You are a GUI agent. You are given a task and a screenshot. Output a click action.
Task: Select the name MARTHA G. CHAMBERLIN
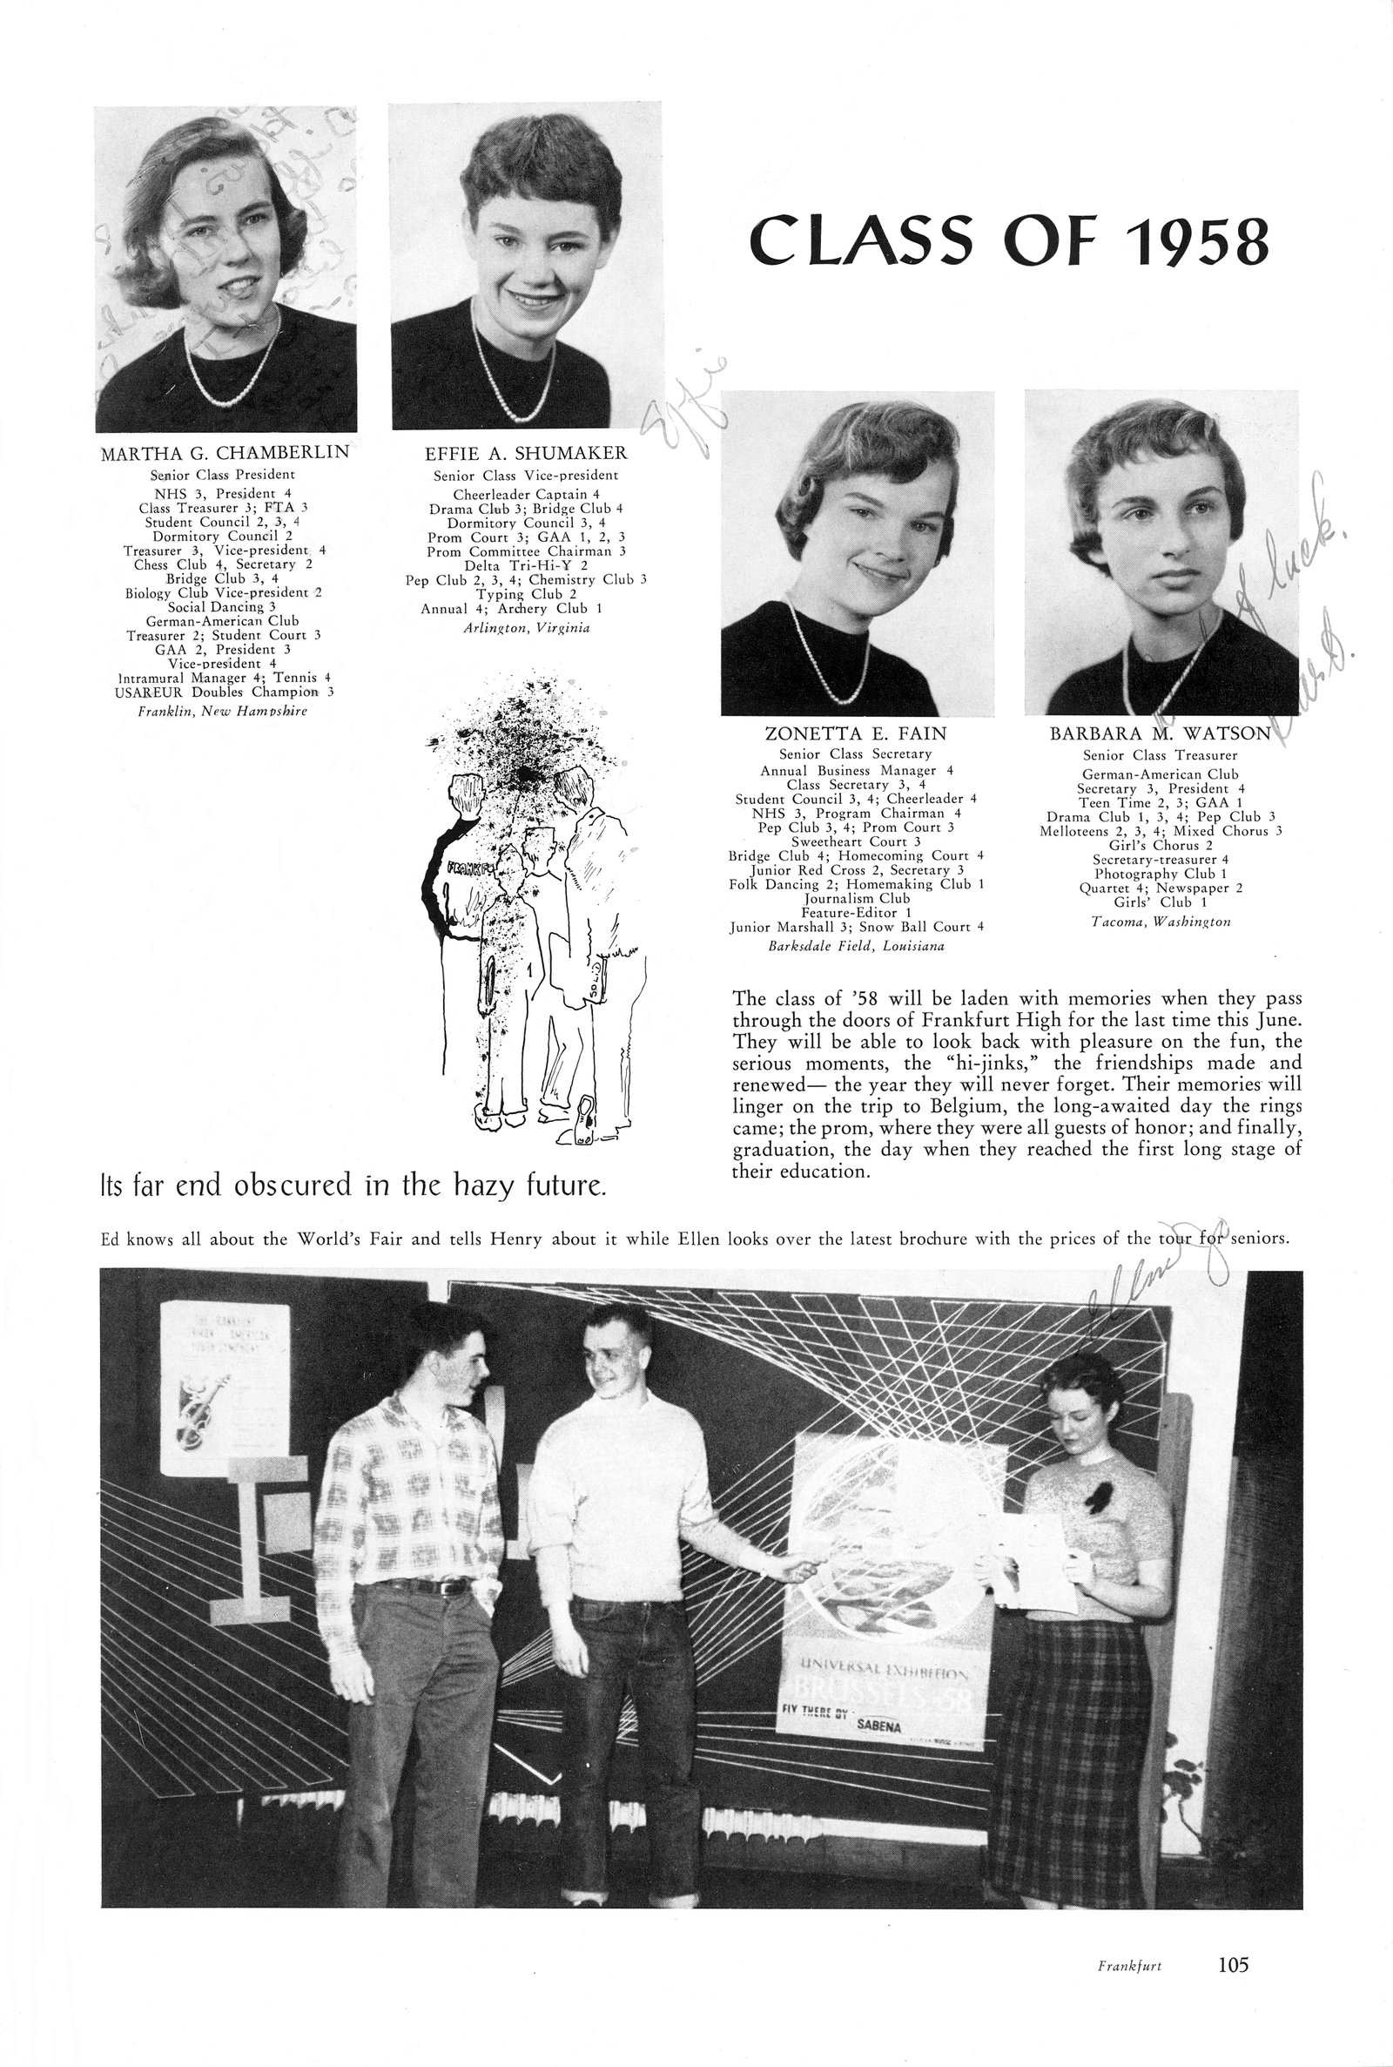coord(225,453)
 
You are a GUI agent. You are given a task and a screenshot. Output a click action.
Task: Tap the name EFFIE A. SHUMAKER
coord(526,454)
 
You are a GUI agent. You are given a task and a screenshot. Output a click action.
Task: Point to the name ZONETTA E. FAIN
coord(856,734)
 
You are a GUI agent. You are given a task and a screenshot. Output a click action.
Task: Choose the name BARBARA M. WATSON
coord(1160,734)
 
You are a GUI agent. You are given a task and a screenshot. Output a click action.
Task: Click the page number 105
coord(1233,1989)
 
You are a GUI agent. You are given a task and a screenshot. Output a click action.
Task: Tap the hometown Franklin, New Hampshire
coord(223,711)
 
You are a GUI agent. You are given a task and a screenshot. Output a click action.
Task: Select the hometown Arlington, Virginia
coord(527,627)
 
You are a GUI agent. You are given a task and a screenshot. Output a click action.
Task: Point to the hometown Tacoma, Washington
coord(1161,922)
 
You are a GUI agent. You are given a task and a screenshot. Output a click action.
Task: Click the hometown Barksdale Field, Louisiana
coord(856,945)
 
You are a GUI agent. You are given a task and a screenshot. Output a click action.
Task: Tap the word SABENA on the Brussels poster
coord(878,1726)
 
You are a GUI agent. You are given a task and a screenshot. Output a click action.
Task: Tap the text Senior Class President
coord(222,475)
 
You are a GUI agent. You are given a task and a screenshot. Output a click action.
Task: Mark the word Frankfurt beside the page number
coord(1129,1990)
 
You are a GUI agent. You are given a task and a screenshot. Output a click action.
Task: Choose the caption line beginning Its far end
coord(354,1185)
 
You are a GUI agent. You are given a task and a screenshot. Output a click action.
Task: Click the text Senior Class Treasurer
coord(1160,755)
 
